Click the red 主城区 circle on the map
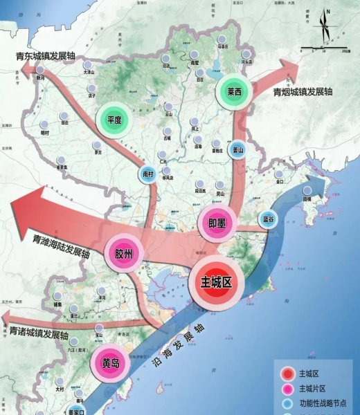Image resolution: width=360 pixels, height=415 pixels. click(x=215, y=283)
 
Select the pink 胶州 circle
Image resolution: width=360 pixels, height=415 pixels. click(x=124, y=253)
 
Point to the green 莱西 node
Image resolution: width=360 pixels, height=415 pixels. click(x=233, y=91)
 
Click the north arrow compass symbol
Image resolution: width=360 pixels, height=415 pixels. click(x=324, y=28)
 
